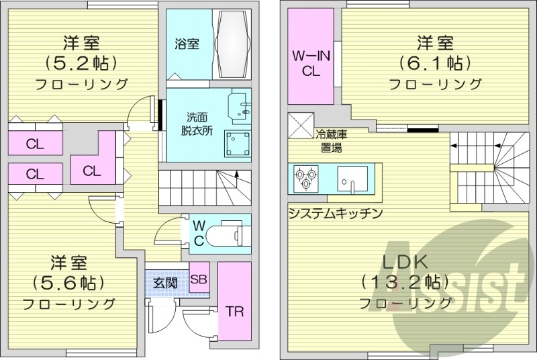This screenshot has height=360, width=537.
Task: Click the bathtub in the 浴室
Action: [232, 45]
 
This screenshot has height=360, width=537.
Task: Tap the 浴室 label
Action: [187, 45]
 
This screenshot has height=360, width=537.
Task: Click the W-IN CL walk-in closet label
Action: [311, 64]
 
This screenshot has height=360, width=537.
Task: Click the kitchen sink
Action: [350, 180]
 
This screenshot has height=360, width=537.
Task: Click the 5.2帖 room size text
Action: [83, 63]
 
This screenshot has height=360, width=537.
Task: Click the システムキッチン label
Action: [335, 214]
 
